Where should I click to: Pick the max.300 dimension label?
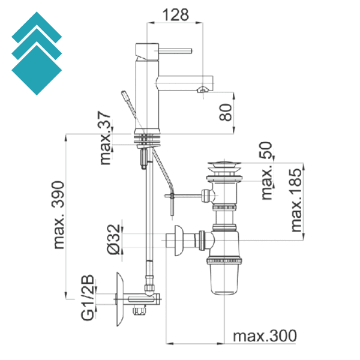[x=264, y=336]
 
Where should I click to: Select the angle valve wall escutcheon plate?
[x=119, y=298]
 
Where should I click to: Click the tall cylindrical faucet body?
[x=146, y=90]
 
